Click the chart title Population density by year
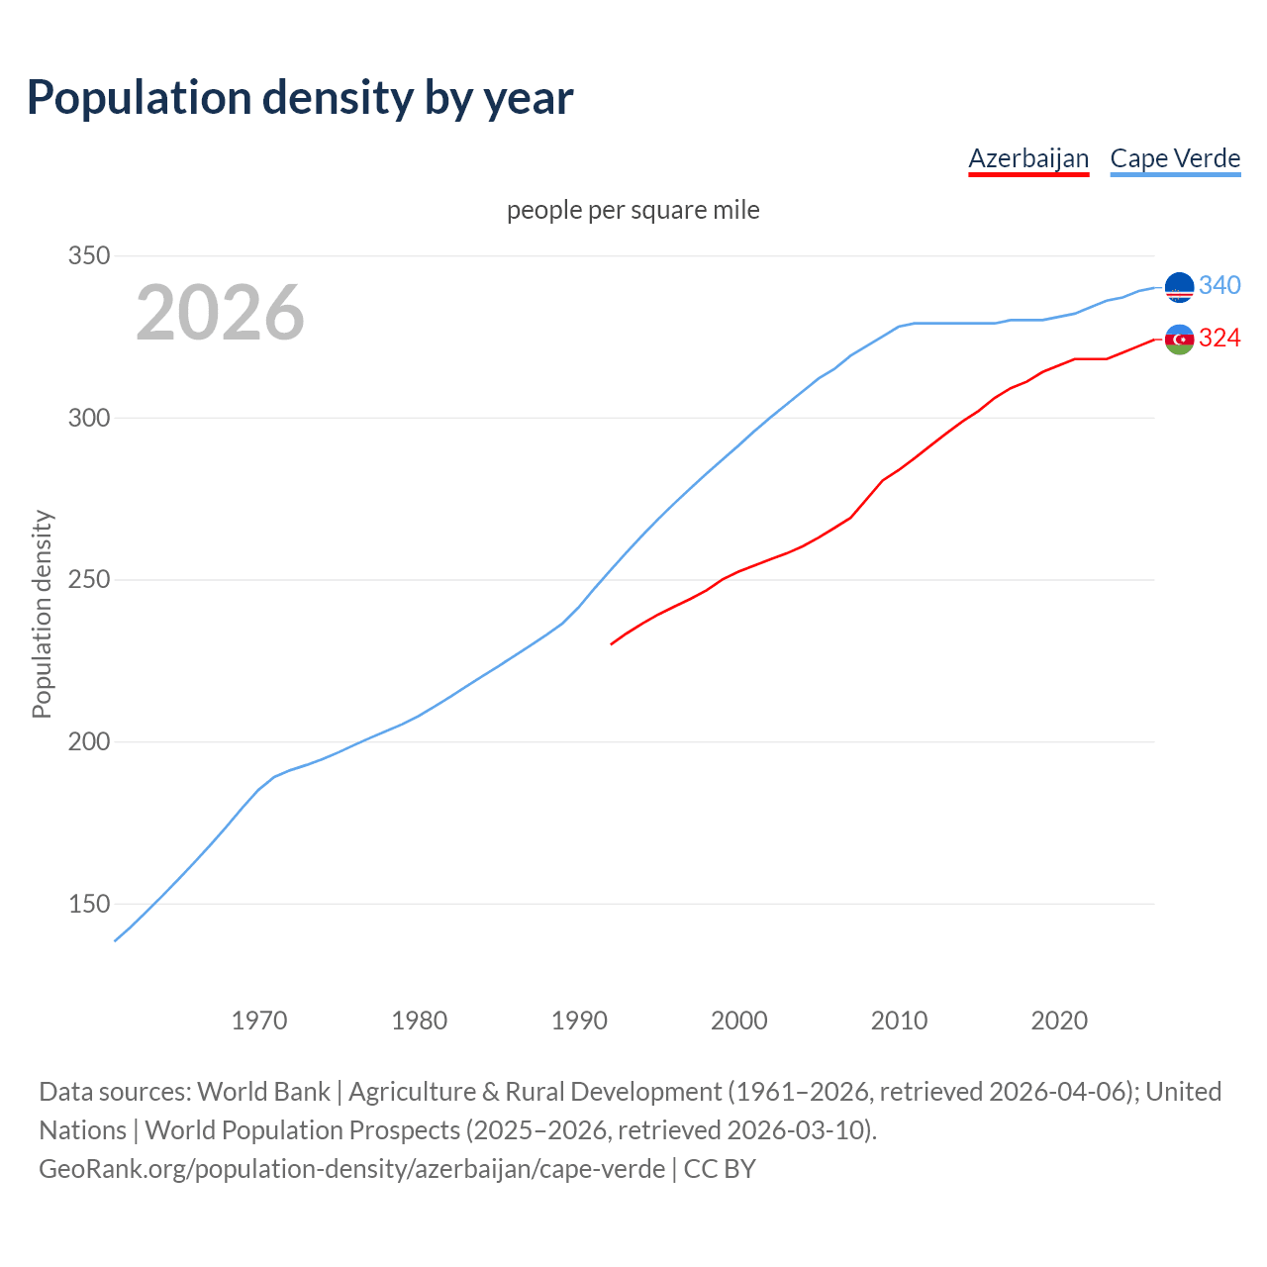click(300, 98)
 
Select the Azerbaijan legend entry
click(1028, 158)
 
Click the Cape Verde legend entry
click(1175, 158)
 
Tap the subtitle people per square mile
click(633, 210)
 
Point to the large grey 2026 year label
click(220, 313)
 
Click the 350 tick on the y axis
click(88, 256)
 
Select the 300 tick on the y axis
click(88, 418)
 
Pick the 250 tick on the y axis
click(88, 580)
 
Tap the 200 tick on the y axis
click(88, 741)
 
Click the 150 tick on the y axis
click(88, 904)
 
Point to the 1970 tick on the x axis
click(259, 1020)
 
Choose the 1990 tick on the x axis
click(579, 1020)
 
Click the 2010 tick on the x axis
click(899, 1020)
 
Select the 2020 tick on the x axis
click(1059, 1020)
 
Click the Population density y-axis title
click(42, 614)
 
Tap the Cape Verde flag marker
click(1179, 287)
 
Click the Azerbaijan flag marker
click(1179, 340)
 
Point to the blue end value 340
click(1219, 285)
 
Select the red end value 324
click(1219, 339)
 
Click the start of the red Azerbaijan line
click(612, 644)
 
